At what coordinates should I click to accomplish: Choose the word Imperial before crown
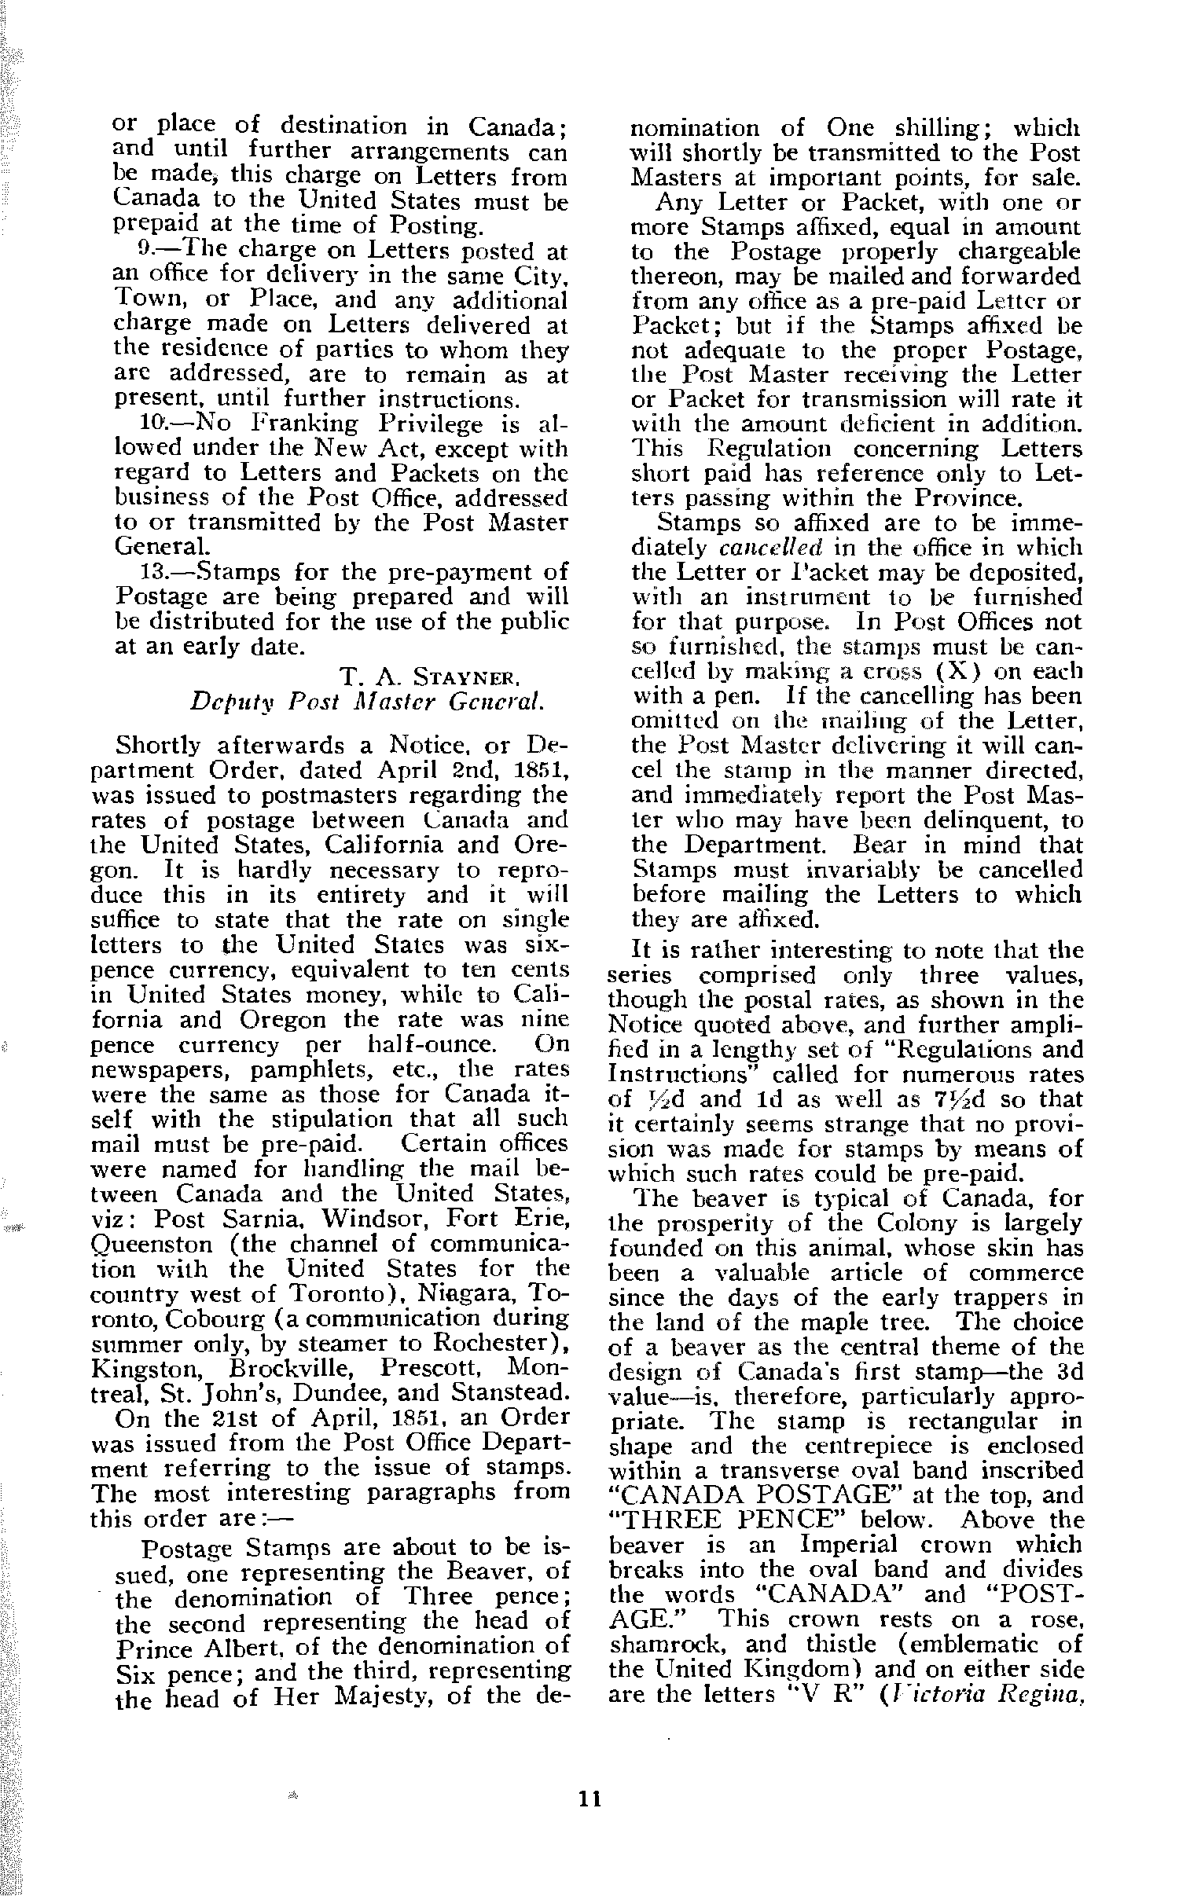[x=848, y=1545]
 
